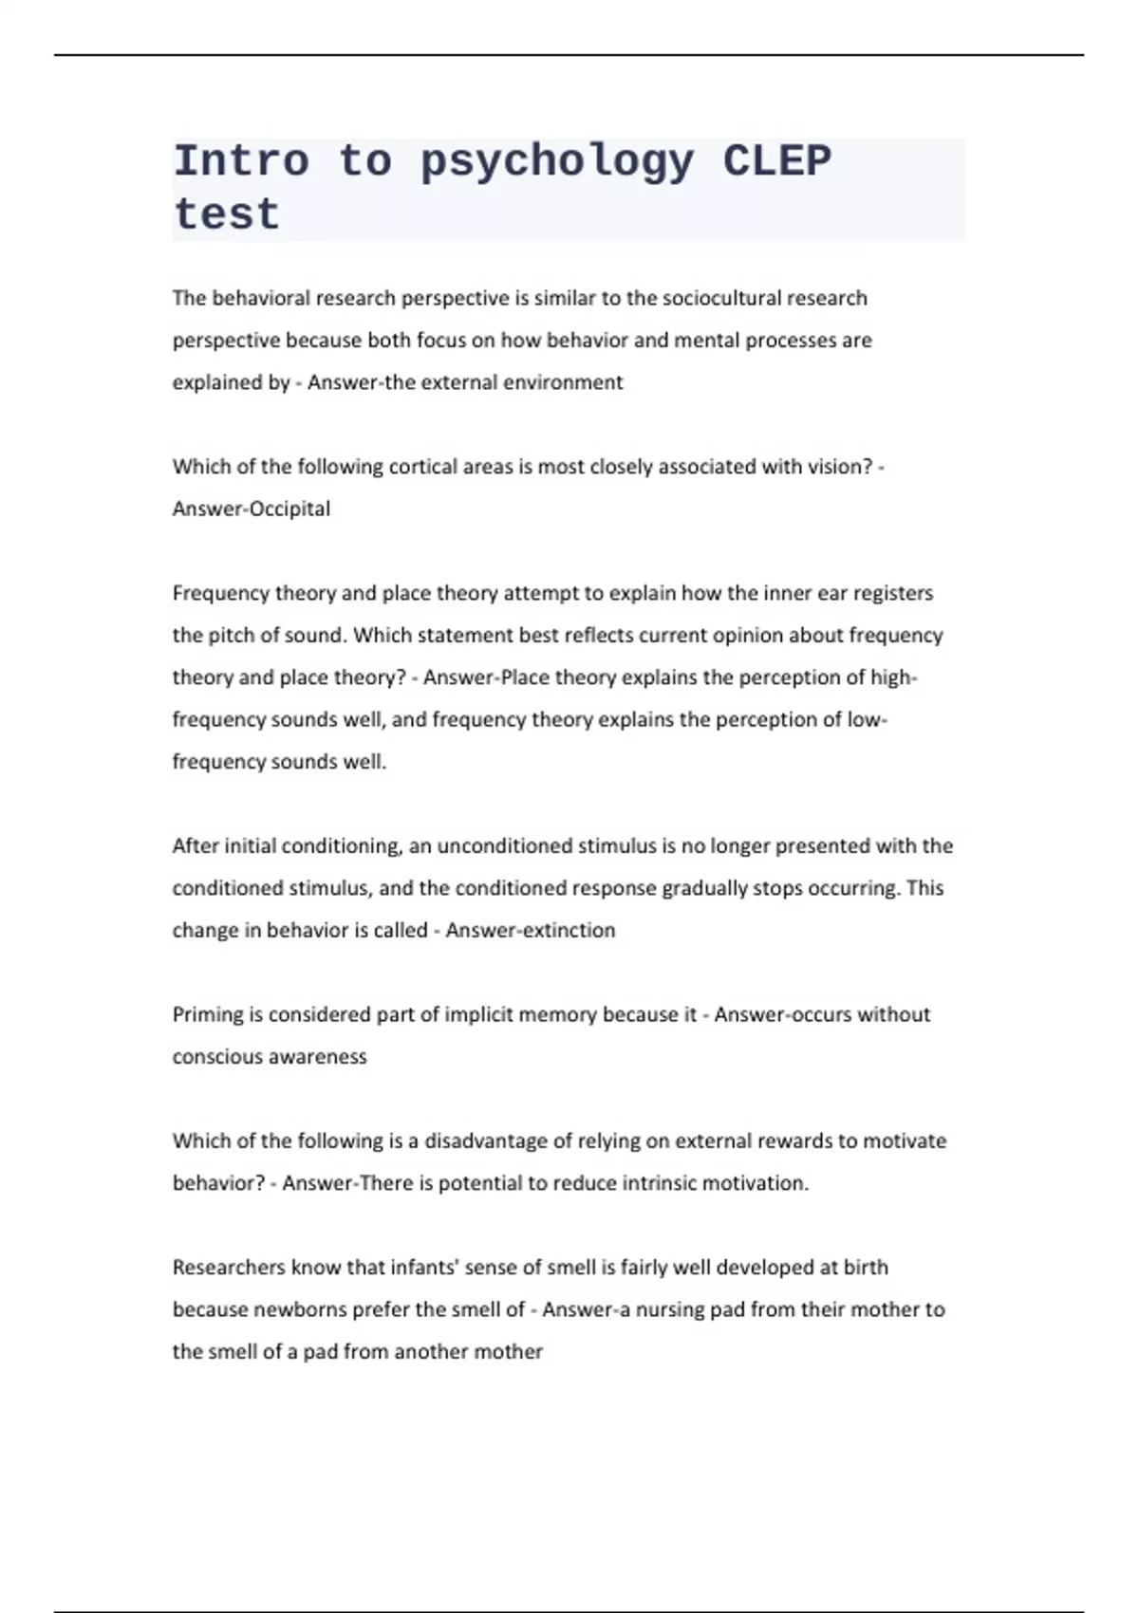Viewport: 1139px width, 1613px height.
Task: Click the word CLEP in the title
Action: coord(776,161)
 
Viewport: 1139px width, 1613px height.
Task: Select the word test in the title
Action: coord(227,214)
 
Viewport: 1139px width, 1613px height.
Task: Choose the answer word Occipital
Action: coord(283,509)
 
